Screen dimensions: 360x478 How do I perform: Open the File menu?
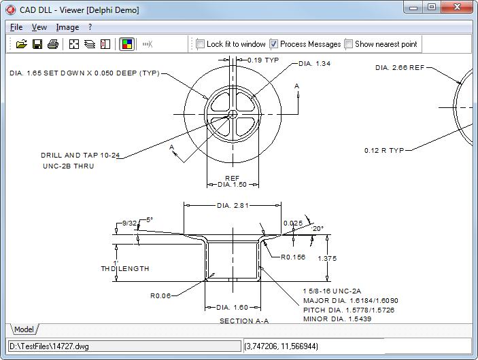point(16,27)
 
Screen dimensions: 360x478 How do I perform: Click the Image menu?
point(67,27)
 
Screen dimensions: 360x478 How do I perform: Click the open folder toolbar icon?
point(21,44)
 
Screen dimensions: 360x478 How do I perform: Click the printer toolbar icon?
point(53,44)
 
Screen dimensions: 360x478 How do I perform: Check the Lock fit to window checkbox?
point(201,44)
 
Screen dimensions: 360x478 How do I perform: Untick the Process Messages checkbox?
point(274,44)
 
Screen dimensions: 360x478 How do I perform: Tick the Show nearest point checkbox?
point(349,44)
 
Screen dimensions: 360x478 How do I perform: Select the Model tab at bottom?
point(24,329)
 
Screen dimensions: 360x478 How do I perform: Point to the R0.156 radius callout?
point(293,257)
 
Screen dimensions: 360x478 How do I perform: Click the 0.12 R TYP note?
point(384,150)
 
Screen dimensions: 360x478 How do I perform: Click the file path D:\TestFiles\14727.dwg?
point(50,346)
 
